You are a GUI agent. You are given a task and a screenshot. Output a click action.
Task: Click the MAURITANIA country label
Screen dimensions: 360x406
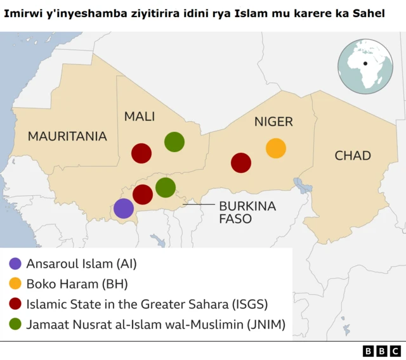point(67,136)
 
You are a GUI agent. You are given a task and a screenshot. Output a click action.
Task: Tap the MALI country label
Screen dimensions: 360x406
point(140,117)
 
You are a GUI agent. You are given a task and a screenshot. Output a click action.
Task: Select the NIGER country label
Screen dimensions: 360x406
point(273,122)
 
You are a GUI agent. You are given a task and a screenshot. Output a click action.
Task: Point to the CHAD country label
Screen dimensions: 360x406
point(353,155)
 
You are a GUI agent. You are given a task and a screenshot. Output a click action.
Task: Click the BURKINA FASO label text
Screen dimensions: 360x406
point(239,212)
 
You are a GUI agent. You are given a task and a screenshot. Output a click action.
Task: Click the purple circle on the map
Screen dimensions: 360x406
point(124,208)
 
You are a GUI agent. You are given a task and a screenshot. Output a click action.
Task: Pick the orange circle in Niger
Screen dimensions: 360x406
point(276,148)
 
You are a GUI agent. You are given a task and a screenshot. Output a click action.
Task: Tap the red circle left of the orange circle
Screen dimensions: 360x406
point(241,162)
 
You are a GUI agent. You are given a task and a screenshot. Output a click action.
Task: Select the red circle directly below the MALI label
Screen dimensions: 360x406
point(141,153)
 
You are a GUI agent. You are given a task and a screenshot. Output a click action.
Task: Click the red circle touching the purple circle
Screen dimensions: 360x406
point(143,194)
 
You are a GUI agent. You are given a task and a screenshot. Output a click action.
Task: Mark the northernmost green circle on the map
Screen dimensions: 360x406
point(174,142)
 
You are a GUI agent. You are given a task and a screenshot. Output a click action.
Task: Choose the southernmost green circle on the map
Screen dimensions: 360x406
point(166,187)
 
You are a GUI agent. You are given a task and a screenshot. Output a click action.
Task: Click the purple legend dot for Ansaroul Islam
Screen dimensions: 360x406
point(15,264)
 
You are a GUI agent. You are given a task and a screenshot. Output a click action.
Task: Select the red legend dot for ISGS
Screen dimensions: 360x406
point(15,304)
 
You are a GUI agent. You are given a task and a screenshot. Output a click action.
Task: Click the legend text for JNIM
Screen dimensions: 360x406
point(155,324)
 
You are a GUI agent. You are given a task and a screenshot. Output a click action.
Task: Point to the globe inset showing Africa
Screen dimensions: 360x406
point(365,67)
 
